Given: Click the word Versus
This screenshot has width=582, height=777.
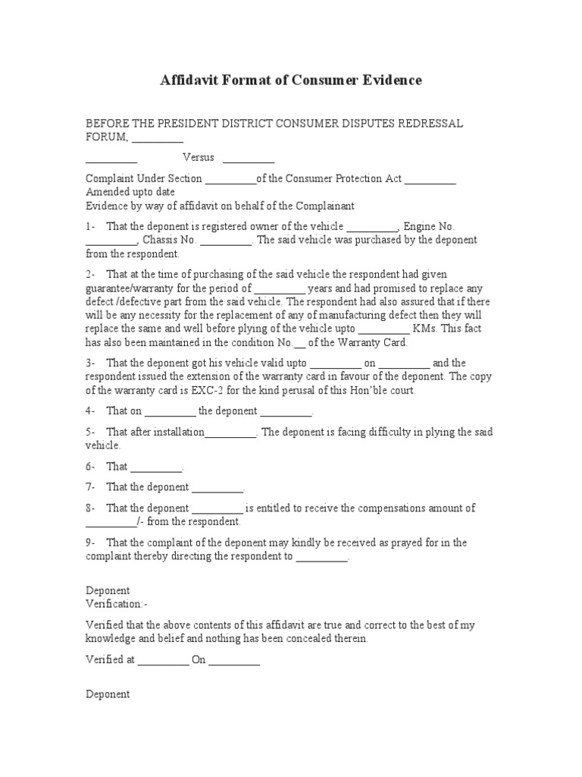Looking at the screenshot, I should point(199,157).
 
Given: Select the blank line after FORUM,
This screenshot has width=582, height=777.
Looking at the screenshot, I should point(158,137).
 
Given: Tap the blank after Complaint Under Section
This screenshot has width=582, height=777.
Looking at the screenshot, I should point(230,179).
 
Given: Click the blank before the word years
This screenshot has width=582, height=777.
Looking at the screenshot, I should point(280,288).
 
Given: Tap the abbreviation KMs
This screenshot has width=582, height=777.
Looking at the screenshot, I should point(426,329).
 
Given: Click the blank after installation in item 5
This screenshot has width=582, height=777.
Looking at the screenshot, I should point(230,432).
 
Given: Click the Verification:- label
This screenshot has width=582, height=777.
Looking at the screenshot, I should point(117,604).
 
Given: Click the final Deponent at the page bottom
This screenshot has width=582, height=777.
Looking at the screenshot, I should point(108,694).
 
